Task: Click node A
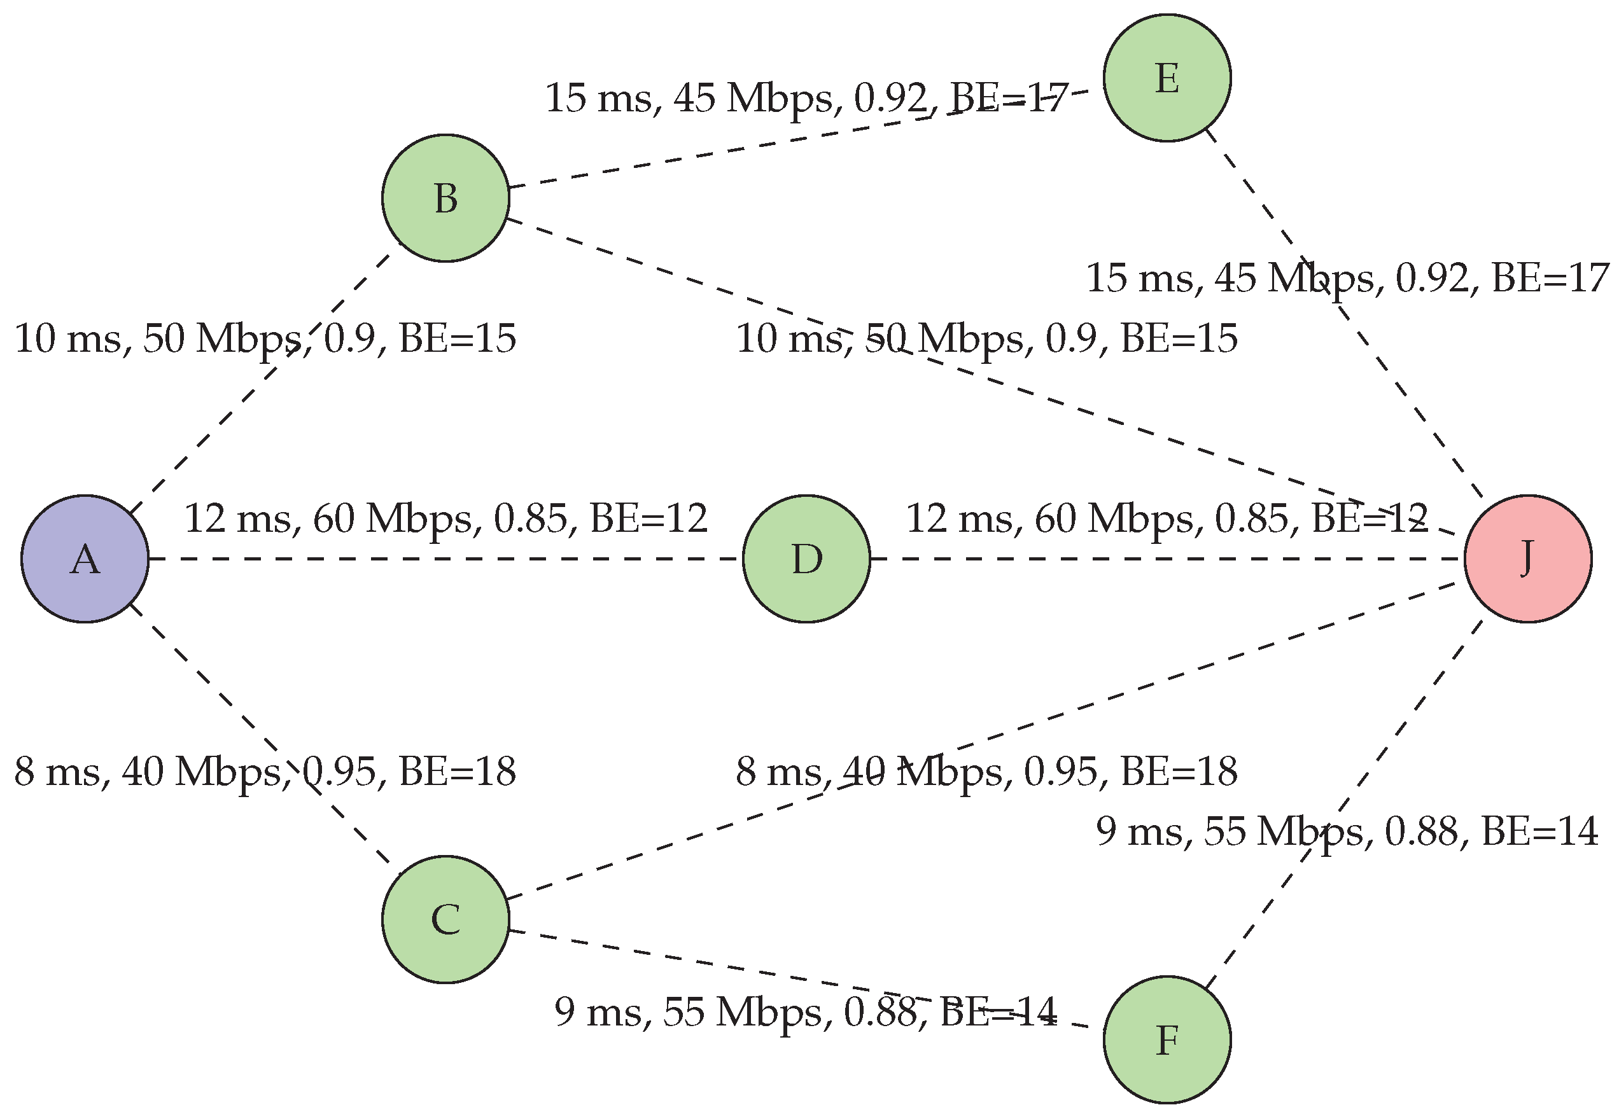click(x=85, y=559)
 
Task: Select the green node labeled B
click(x=445, y=198)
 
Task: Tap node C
click(x=445, y=919)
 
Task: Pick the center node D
click(x=807, y=559)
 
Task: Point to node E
click(x=1167, y=78)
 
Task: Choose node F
click(x=1167, y=1039)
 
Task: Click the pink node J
click(x=1528, y=559)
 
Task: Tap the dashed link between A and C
click(x=211, y=684)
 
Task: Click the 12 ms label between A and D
click(x=445, y=519)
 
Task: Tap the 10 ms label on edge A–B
click(x=265, y=338)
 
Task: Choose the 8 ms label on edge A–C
click(x=265, y=771)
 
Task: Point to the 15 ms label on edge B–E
click(x=807, y=98)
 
